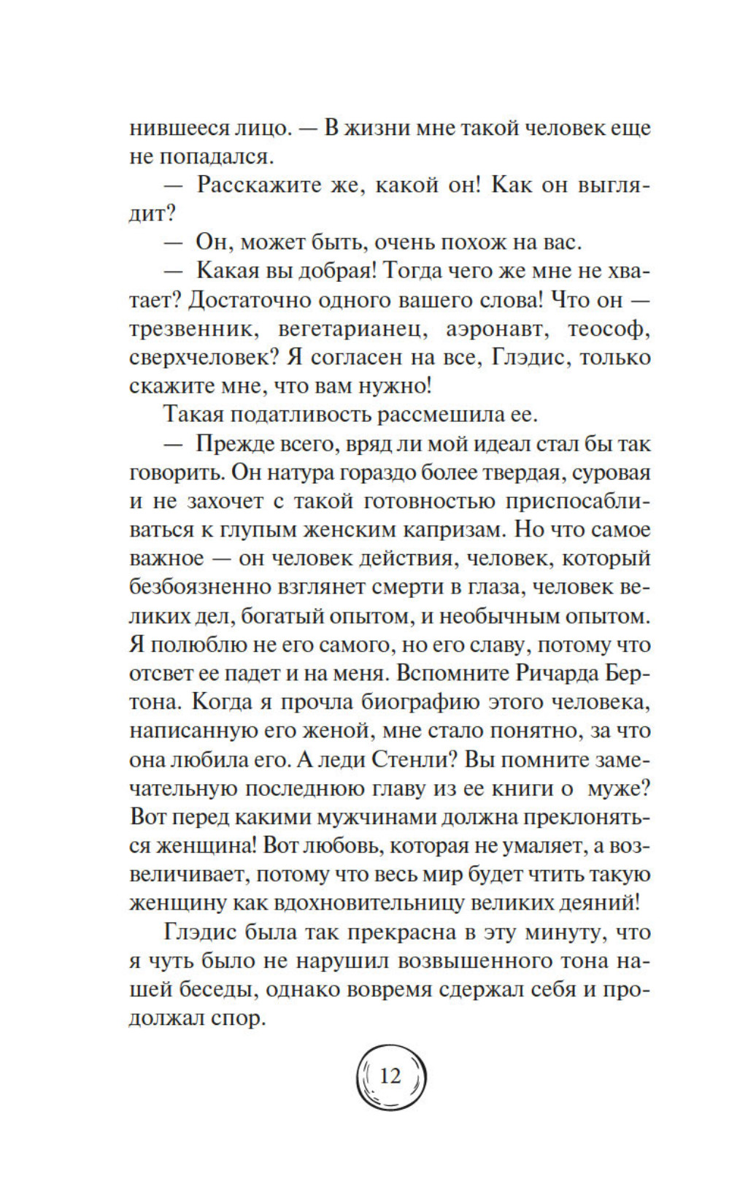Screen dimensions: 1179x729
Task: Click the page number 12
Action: click(390, 1075)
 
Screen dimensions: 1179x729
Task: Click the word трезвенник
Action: click(193, 329)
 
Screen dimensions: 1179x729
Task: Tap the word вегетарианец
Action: click(352, 329)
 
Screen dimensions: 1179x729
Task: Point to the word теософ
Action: click(609, 329)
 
